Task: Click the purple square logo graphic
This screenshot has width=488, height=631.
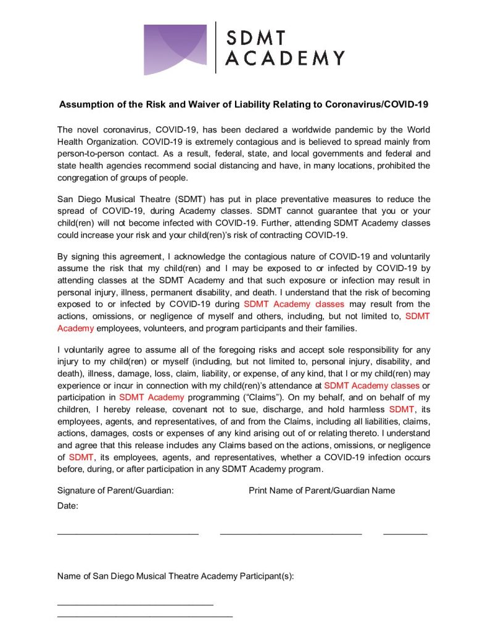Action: pyautogui.click(x=175, y=49)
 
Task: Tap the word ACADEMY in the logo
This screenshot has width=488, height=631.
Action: pyautogui.click(x=284, y=59)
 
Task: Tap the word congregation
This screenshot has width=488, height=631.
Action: pyautogui.click(x=85, y=179)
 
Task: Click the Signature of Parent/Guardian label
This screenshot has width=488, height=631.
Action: pyautogui.click(x=115, y=491)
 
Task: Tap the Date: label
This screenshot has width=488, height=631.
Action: pyautogui.click(x=68, y=505)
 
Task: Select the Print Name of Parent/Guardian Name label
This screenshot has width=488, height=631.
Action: pyautogui.click(x=322, y=491)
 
